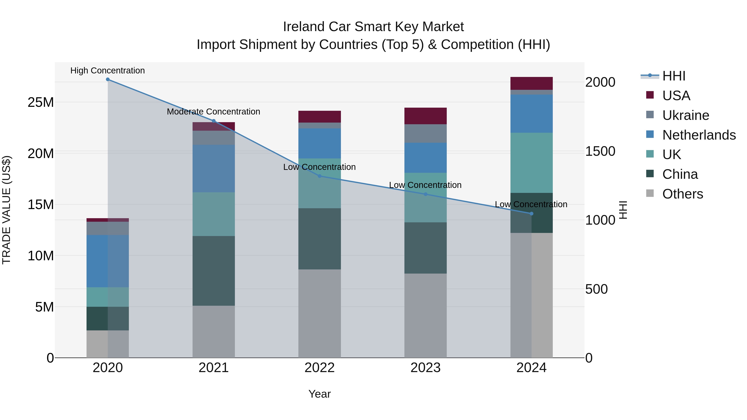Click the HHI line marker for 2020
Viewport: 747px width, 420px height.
107,79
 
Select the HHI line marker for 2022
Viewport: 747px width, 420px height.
320,176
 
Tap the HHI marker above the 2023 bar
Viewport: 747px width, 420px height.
425,194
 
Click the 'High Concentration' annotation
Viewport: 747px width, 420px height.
107,71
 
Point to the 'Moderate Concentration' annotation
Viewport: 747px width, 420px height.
214,112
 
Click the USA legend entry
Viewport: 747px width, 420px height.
676,96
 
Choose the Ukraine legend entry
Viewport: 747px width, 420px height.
686,115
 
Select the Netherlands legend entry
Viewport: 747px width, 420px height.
699,135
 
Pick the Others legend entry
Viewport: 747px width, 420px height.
683,194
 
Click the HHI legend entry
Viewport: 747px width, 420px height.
674,76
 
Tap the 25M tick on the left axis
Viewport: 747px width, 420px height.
41,102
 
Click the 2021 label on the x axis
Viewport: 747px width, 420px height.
214,368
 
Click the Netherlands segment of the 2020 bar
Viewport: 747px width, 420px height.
107,261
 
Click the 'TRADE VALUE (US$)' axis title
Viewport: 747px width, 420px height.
6,210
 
